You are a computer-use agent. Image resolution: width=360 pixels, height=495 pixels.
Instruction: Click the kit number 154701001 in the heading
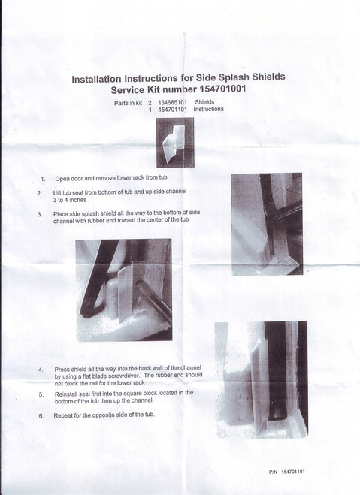[223, 89]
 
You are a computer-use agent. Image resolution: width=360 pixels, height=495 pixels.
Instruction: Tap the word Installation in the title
[96, 79]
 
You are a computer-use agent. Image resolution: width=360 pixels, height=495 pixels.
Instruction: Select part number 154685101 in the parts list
[172, 102]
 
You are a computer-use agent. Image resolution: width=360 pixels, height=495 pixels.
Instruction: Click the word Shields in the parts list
[204, 102]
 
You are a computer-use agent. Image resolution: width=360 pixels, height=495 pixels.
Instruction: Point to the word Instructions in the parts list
[208, 109]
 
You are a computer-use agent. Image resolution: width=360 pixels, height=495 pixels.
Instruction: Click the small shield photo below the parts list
[175, 143]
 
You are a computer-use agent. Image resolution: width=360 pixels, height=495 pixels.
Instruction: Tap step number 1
[43, 179]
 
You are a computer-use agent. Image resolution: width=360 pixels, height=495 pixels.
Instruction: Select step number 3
[40, 214]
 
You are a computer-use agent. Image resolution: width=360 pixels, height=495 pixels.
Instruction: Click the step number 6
[41, 416]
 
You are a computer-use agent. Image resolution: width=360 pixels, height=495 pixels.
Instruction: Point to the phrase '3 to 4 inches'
[69, 200]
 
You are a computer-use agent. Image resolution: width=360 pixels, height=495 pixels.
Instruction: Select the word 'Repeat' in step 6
[63, 416]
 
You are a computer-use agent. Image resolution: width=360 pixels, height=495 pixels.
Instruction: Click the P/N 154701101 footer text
[287, 472]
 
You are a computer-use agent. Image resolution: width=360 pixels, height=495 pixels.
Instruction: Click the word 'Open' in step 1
[62, 178]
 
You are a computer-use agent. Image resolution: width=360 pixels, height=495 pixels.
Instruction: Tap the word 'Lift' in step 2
[57, 192]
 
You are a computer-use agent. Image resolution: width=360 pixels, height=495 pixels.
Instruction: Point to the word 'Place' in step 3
[60, 214]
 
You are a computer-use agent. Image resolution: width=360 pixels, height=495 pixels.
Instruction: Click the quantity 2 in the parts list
[150, 103]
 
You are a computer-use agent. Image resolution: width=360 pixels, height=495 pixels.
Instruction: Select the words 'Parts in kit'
[129, 103]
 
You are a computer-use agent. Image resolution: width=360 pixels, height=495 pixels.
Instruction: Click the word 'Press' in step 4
[62, 370]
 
